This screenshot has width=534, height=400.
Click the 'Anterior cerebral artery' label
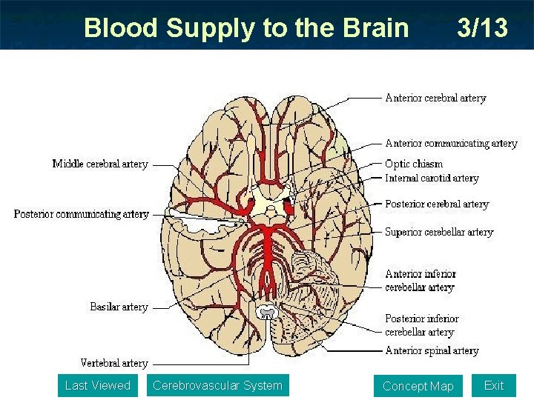[435, 98]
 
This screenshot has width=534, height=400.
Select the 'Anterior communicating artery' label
[451, 144]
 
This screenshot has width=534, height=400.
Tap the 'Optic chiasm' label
[414, 164]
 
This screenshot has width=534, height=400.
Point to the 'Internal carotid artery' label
[432, 178]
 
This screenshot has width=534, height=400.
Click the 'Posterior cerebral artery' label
[437, 204]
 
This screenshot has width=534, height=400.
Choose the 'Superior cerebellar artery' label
[439, 232]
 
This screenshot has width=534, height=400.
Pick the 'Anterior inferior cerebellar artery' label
[420, 281]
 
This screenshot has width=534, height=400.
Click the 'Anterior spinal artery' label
[432, 350]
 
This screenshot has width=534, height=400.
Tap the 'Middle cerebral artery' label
[100, 164]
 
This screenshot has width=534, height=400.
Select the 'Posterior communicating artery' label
[82, 214]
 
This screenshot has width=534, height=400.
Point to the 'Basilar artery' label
[119, 307]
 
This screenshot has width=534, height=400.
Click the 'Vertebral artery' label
[114, 363]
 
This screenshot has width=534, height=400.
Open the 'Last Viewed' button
[97, 385]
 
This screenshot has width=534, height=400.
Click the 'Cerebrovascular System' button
[217, 385]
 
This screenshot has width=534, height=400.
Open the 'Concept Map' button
[418, 386]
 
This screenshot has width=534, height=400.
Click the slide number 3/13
[483, 28]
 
